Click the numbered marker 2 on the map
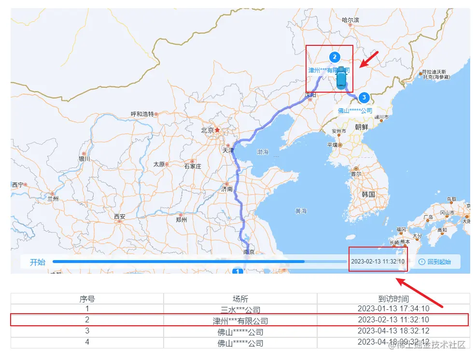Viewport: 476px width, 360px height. pos(334,57)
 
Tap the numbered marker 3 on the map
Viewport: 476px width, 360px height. pos(364,97)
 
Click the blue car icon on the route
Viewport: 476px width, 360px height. pos(341,77)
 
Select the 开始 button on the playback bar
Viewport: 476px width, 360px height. pos(38,262)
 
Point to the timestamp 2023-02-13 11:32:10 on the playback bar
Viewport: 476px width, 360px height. pos(378,262)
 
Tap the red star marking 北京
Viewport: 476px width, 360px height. pos(217,130)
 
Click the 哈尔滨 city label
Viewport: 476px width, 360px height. pos(350,20)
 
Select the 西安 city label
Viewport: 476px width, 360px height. pos(120,217)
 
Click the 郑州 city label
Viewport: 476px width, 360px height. pos(182,220)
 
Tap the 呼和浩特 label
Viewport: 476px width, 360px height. pos(142,114)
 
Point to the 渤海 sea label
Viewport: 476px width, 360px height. pos(263,152)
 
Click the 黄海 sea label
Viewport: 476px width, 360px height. pos(301,211)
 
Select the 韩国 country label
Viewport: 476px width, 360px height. pos(368,194)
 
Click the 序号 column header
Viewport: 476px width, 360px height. pos(87,299)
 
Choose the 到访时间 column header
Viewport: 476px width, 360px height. pos(393,299)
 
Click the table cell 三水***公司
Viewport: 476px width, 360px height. pos(240,309)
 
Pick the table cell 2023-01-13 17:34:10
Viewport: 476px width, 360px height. pos(393,308)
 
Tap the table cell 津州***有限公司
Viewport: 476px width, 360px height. pos(240,320)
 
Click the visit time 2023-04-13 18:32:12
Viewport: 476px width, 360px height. pos(393,331)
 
